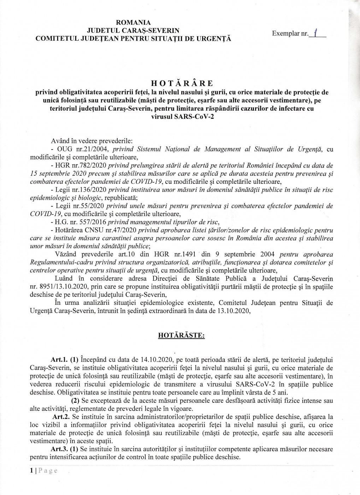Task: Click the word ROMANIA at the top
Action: tap(134, 23)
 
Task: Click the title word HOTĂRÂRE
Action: tap(182, 83)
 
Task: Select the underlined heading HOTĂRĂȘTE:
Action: tap(181, 336)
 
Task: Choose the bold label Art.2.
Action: tap(59, 417)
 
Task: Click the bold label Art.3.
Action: tap(59, 449)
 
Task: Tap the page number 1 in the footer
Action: tap(31, 471)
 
